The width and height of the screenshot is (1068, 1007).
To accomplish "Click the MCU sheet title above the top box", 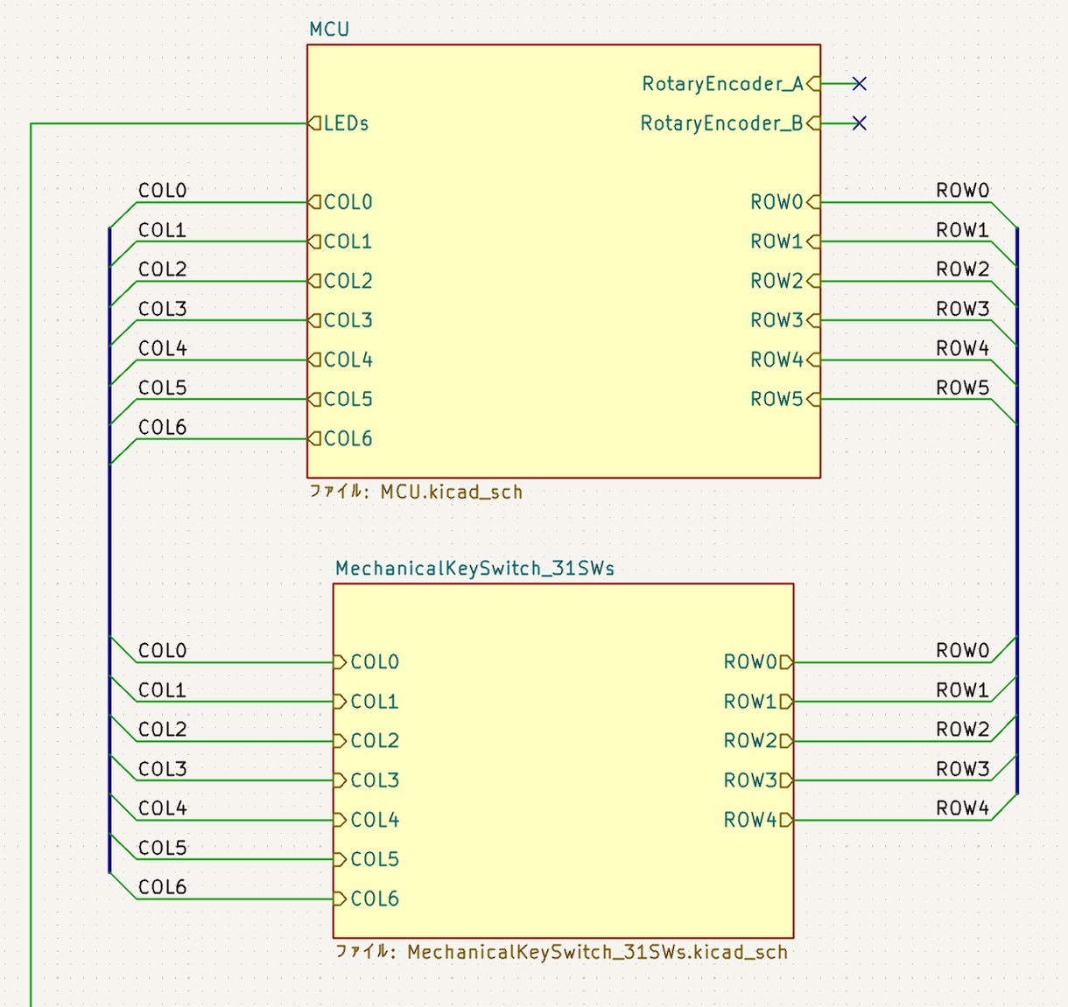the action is pyautogui.click(x=329, y=29).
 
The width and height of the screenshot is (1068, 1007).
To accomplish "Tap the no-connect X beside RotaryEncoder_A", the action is pyautogui.click(x=860, y=84).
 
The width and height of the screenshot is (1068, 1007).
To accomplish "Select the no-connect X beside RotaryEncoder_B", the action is pyautogui.click(x=860, y=123).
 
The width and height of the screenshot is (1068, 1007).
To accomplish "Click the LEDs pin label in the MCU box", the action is pyautogui.click(x=347, y=123).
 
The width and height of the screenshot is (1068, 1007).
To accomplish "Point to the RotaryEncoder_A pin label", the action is pyautogui.click(x=722, y=84).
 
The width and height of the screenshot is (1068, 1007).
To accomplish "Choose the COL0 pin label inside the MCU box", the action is pyautogui.click(x=348, y=202).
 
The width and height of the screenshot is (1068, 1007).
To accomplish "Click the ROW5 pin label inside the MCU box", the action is pyautogui.click(x=776, y=399).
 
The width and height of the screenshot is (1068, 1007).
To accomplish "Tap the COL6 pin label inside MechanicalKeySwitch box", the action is pyautogui.click(x=375, y=899).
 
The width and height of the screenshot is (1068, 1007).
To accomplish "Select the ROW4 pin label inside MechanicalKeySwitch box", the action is pyautogui.click(x=750, y=820).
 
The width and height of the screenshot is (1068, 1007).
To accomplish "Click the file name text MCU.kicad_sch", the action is pyautogui.click(x=451, y=492).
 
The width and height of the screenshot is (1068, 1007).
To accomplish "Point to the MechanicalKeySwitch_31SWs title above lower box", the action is pyautogui.click(x=474, y=569).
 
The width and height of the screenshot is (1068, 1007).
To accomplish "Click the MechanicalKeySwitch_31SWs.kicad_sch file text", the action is pyautogui.click(x=597, y=952).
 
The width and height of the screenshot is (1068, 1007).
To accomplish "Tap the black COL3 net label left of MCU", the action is pyautogui.click(x=163, y=309).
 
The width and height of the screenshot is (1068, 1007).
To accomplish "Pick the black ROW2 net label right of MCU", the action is pyautogui.click(x=963, y=269).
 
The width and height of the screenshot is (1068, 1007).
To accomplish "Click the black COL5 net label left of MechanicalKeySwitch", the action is pyautogui.click(x=163, y=847).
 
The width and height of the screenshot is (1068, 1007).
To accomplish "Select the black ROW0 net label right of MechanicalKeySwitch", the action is pyautogui.click(x=963, y=651).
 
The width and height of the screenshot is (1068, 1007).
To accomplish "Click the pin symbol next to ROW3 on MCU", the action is pyautogui.click(x=813, y=320).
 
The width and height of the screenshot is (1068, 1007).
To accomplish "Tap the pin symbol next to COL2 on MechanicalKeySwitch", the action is pyautogui.click(x=340, y=741).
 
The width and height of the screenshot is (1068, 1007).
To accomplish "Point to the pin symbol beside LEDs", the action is pyautogui.click(x=314, y=123).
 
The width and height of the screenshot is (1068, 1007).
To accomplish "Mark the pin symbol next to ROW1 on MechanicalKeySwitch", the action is pyautogui.click(x=787, y=702).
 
